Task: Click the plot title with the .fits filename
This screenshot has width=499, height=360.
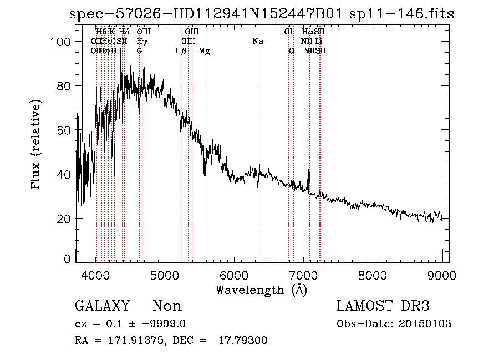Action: point(262,14)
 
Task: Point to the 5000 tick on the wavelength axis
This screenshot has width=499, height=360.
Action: point(165,273)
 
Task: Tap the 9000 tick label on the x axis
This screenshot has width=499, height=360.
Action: point(441,273)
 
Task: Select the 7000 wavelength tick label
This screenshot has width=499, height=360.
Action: point(303,273)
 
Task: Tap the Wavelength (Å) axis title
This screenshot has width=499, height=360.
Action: point(261,290)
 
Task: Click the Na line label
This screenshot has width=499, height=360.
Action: point(257,42)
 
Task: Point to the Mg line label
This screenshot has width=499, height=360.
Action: point(204,51)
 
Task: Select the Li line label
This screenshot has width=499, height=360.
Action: point(319,42)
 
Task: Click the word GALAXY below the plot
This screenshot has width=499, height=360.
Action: point(103,306)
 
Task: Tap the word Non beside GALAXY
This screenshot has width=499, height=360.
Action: point(167,306)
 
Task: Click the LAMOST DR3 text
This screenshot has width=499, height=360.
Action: point(383,306)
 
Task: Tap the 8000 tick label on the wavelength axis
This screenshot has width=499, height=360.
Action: point(373,273)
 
